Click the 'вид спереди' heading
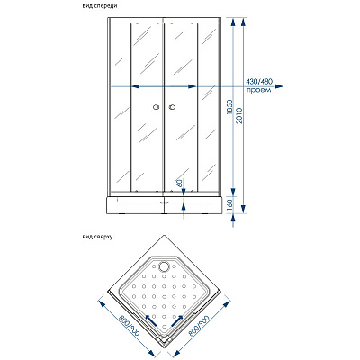(100, 6)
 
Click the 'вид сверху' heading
(97, 237)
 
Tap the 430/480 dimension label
(259, 81)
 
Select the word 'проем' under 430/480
(259, 90)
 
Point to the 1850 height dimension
(229, 107)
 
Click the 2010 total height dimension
(239, 115)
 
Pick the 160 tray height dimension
(229, 205)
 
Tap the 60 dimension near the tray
(180, 184)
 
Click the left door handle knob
(156, 107)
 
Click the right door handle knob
(173, 107)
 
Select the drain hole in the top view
(165, 265)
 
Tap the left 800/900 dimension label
(125, 328)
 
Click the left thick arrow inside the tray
(151, 320)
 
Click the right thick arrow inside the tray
(177, 320)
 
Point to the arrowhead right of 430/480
(279, 86)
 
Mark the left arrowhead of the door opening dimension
(136, 86)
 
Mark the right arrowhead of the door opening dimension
(193, 86)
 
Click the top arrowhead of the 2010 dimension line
(244, 22)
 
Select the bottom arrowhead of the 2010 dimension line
(244, 209)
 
